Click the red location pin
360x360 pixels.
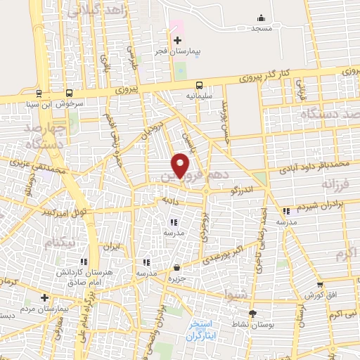click(181, 165)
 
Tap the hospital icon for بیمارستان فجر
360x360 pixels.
click(177, 40)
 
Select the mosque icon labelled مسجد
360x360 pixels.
click(262, 18)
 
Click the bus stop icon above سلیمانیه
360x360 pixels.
click(200, 83)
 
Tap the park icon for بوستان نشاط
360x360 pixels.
click(252, 314)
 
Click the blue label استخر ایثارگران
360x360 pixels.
click(205, 330)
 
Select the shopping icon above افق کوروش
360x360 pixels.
click(320, 285)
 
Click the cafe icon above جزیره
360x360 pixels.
click(176, 266)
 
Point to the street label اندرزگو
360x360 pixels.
click(243, 189)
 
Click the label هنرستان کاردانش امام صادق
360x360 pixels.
click(70, 275)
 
